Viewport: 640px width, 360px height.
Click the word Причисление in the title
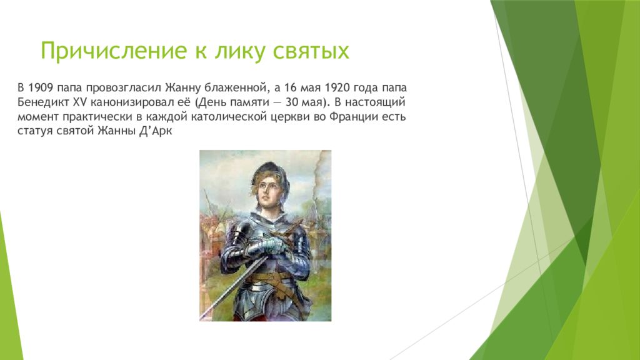pos(114,51)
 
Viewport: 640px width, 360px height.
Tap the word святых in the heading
pos(311,51)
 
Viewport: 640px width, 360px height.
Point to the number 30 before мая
pos(292,102)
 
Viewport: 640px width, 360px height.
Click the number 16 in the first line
pos(291,87)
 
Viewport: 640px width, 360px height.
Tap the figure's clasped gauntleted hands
pos(271,245)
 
